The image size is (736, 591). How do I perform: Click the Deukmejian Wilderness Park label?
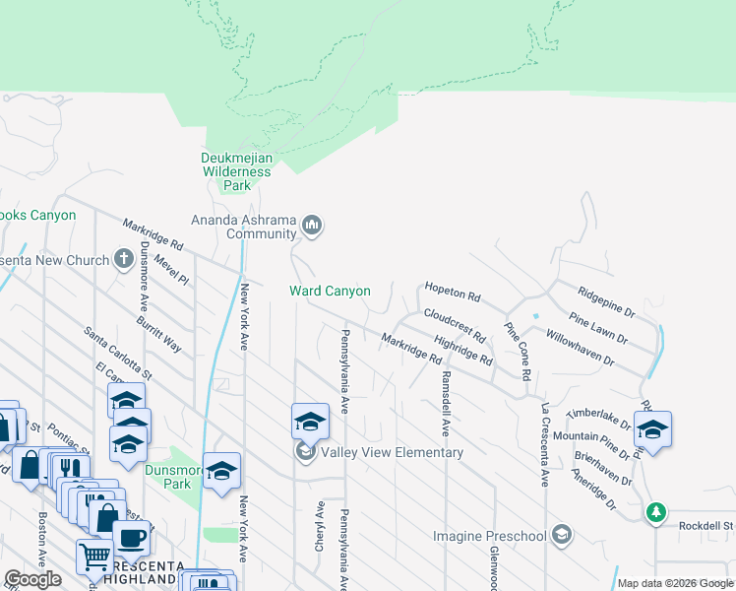point(235,171)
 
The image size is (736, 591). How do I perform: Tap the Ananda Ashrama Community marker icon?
point(313,227)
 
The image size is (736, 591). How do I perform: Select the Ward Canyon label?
point(330,291)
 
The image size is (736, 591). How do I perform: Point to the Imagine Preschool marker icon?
point(562,535)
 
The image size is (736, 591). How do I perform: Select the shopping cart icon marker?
point(94,557)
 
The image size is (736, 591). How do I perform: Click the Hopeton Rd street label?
point(452,292)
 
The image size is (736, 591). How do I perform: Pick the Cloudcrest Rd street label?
point(455,324)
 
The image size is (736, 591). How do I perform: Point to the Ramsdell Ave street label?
point(445,403)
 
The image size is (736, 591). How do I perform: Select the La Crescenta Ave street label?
point(543,443)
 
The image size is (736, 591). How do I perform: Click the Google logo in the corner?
point(33,579)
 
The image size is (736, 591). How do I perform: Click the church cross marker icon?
point(123,259)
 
